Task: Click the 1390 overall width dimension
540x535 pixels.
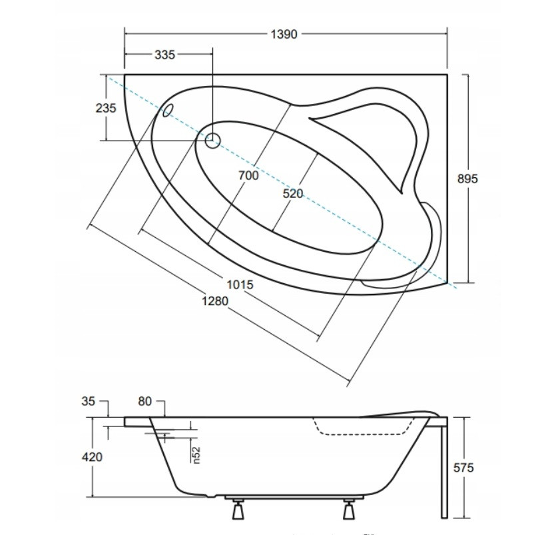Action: (284, 34)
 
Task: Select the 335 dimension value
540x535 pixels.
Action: (164, 55)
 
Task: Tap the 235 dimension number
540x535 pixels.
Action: (106, 108)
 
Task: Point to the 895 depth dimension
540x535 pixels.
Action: (467, 179)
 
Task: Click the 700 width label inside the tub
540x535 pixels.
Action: (248, 175)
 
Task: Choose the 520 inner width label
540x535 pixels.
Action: (293, 194)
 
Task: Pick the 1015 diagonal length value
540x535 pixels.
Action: (240, 284)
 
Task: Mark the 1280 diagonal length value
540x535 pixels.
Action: (215, 301)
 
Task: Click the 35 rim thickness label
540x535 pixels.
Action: (88, 401)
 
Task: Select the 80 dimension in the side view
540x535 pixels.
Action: (144, 401)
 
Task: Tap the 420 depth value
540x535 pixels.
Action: (92, 457)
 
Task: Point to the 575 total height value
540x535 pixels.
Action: (463, 468)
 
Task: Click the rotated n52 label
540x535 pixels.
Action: (196, 455)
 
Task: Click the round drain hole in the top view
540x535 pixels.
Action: (212, 141)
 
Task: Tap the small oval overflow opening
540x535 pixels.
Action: (168, 110)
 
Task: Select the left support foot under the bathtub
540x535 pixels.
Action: (238, 509)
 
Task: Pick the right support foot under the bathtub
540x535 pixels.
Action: (349, 509)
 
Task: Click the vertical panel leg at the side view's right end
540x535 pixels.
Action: (444, 468)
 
